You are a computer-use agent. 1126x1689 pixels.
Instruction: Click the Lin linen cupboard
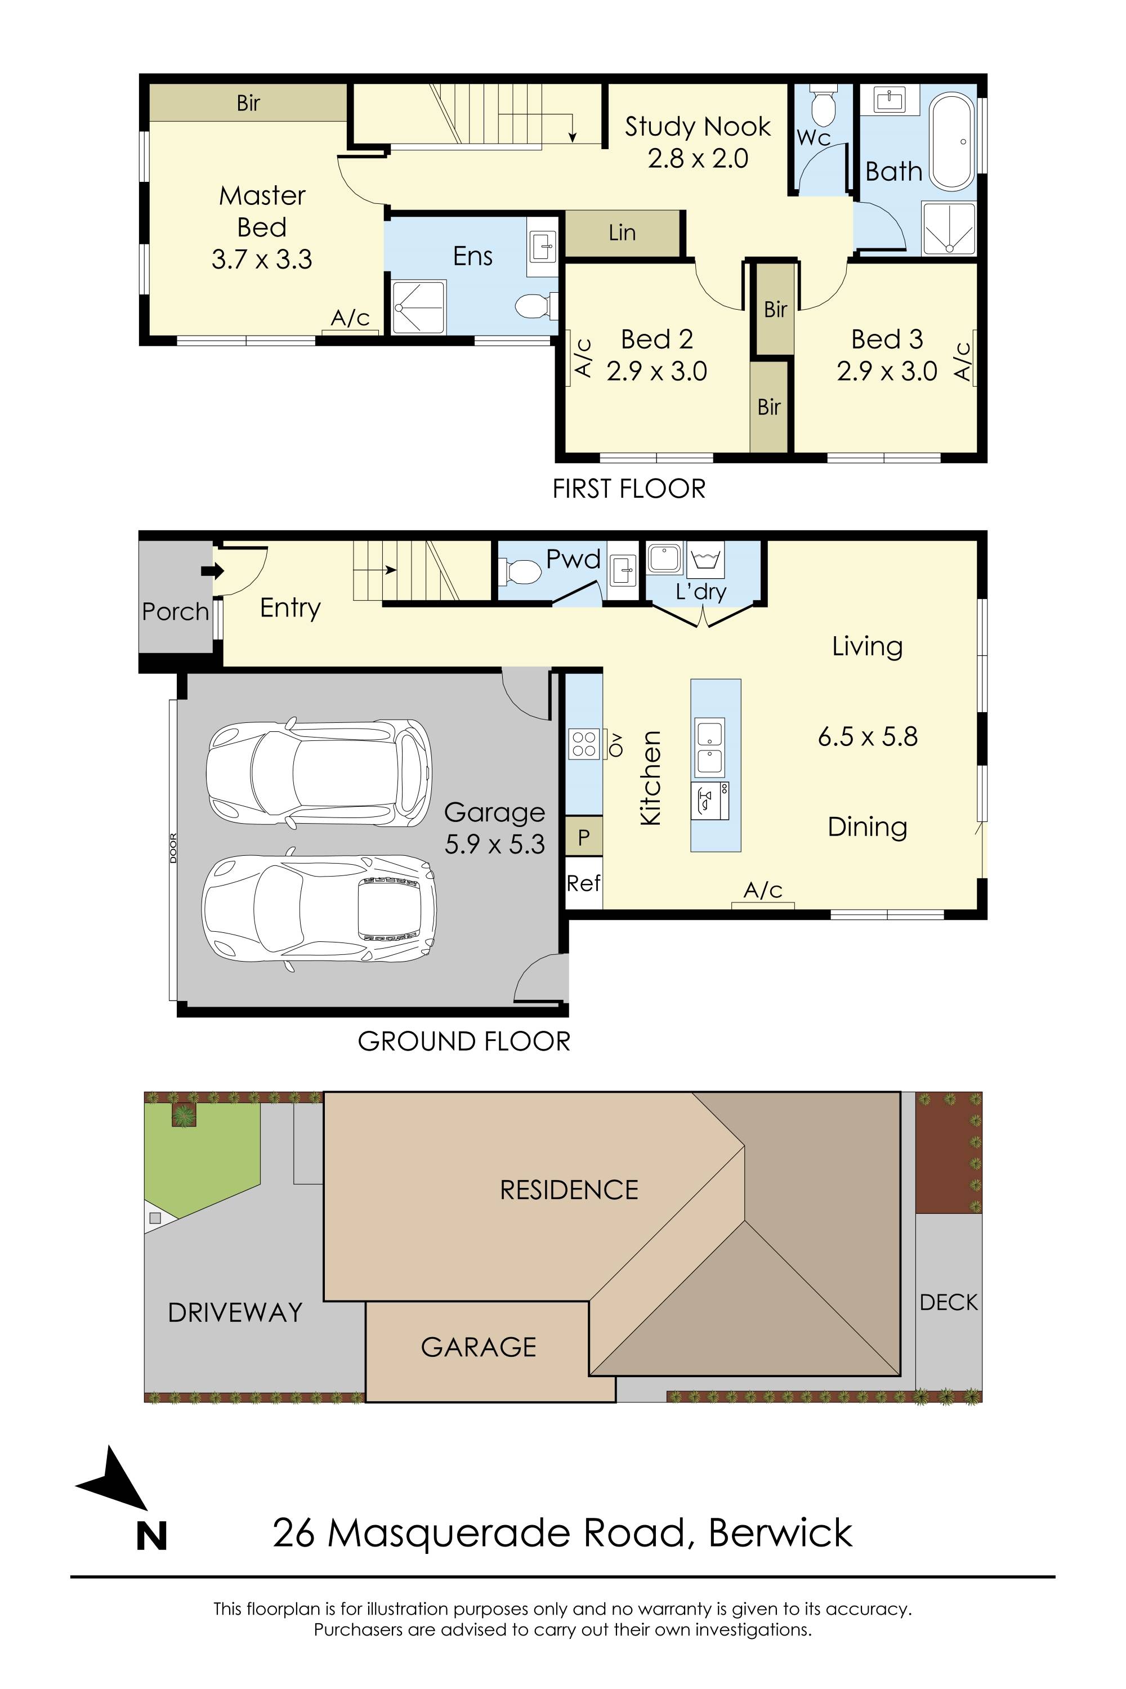622,233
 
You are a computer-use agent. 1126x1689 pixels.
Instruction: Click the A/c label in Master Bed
350,318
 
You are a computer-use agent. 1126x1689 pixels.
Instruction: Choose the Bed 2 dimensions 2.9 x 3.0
656,371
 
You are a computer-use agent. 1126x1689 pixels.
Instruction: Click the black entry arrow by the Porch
213,571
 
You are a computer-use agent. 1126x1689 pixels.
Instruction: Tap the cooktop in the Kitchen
584,743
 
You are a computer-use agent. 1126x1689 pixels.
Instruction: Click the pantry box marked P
584,837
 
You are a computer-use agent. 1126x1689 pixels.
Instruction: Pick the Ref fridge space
584,883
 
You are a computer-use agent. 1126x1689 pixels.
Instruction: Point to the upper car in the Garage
319,772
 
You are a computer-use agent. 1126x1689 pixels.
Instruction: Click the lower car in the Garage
319,910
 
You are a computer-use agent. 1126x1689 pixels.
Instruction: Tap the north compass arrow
115,1481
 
